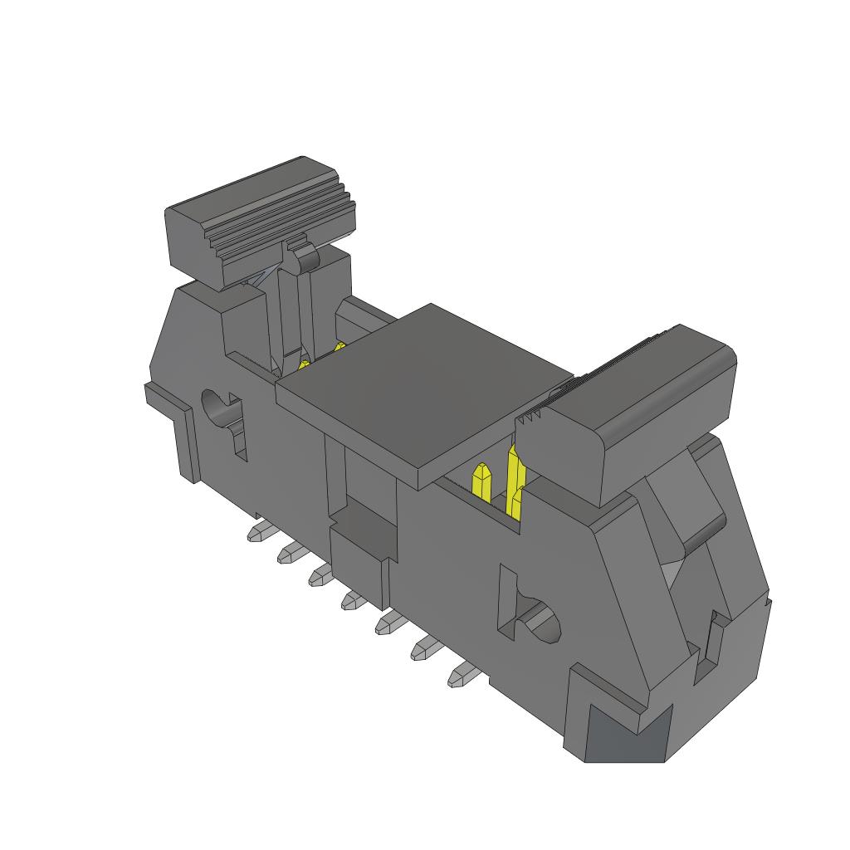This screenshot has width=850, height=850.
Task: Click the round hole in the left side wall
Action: click(217, 407)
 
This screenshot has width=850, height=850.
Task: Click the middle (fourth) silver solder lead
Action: click(352, 598)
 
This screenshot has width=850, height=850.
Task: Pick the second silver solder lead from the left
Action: click(289, 553)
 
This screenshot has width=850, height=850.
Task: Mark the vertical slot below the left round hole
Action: click(240, 436)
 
